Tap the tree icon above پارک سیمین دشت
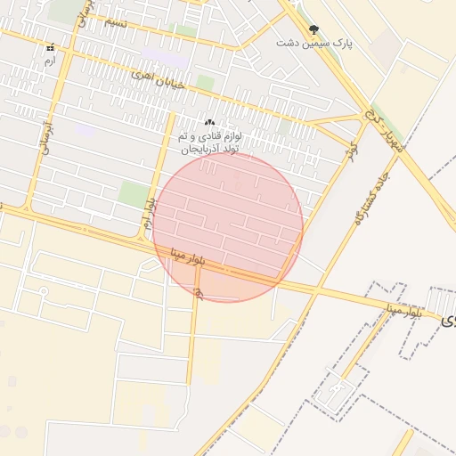point(313,30)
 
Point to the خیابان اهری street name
point(132,75)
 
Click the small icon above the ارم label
point(49,48)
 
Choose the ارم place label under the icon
point(49,61)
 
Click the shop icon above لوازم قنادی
point(209,123)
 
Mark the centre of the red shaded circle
point(229,227)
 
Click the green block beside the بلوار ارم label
point(134,194)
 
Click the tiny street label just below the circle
point(198,294)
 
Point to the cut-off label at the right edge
point(448,318)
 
